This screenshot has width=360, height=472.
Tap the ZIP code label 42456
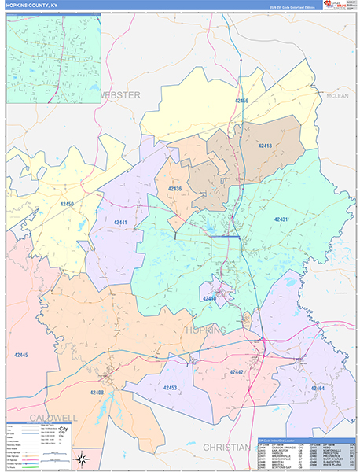[x=241, y=101]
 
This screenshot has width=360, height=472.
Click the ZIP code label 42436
[x=174, y=189]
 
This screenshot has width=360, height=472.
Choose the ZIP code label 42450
[x=67, y=204]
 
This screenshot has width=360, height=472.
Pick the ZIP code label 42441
[x=120, y=223]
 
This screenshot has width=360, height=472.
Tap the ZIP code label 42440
[x=209, y=298]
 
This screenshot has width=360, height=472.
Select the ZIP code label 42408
[x=97, y=392]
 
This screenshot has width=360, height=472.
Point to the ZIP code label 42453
[x=170, y=388]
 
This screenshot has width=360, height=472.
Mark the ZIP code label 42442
[x=237, y=371]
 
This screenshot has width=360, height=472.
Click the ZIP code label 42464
[x=317, y=389]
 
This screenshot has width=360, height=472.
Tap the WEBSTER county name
[x=119, y=94]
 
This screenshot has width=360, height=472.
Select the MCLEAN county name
[x=337, y=96]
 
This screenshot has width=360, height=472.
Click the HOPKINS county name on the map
[x=205, y=330]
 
